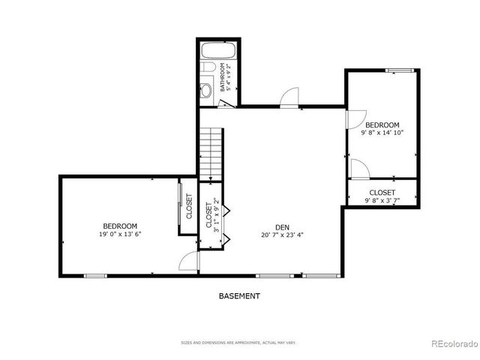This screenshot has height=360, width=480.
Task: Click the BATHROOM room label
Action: coord(223,77)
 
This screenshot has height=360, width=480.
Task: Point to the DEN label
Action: coord(282,226)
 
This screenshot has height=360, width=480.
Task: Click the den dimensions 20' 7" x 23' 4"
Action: coord(282,235)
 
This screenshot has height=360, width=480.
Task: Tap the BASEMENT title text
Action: coord(239,295)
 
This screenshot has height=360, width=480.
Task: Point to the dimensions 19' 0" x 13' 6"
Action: coord(120,234)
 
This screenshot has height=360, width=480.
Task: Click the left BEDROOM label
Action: coord(120,226)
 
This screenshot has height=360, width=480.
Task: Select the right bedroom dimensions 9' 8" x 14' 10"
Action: coord(382,133)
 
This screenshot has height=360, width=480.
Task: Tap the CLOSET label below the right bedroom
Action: coord(382,193)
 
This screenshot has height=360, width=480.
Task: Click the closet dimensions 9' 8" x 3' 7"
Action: coord(382,200)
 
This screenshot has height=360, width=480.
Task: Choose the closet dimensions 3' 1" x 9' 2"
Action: coord(216,215)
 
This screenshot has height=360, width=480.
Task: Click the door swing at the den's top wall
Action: coord(289,98)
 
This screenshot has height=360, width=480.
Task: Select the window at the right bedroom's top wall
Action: coord(401,70)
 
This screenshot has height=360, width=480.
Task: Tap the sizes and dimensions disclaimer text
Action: coord(239,343)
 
